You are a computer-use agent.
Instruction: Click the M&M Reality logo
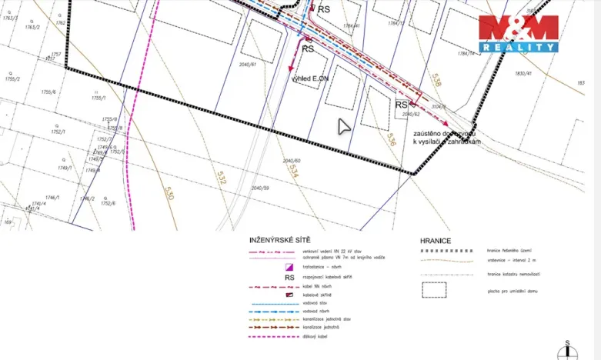[518, 33]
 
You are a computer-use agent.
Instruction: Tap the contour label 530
[169, 192]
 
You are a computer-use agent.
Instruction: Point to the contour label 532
[222, 178]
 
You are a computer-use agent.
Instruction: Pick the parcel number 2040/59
[260, 188]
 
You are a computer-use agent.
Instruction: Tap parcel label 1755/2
[11, 78]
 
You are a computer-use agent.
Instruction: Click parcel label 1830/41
[524, 73]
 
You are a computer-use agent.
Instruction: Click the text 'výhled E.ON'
[309, 78]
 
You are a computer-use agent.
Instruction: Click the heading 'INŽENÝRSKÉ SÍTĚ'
[280, 241]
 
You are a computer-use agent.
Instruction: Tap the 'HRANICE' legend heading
[436, 241]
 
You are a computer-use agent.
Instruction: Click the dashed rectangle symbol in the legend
[433, 290]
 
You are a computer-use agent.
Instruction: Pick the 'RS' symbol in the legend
[290, 278]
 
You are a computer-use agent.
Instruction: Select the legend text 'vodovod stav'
[321, 303]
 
